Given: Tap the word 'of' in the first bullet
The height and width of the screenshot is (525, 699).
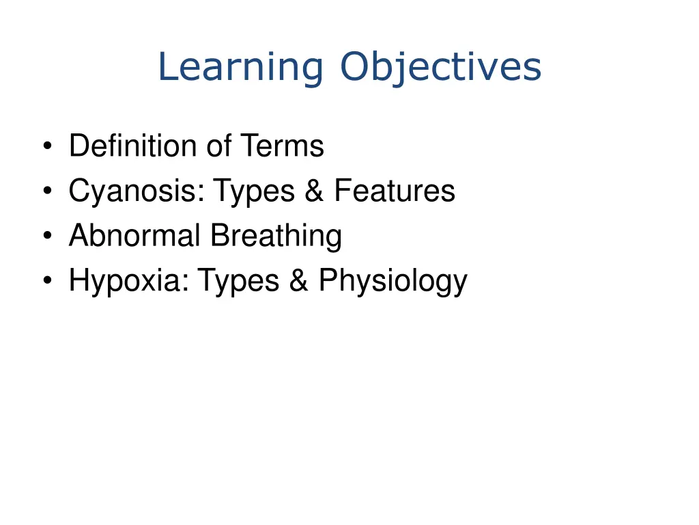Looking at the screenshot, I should click(218, 146).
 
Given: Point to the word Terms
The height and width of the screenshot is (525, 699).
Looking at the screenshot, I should click(281, 146).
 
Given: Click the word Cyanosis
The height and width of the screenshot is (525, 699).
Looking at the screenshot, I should click(136, 191).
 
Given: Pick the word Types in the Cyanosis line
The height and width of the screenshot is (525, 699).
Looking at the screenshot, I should click(254, 191).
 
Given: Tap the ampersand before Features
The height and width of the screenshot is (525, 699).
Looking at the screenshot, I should click(315, 191).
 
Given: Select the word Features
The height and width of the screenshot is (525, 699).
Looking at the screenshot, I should click(394, 191).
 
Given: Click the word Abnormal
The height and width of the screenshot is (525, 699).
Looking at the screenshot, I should click(134, 237).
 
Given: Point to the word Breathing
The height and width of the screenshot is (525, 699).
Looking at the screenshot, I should click(276, 237).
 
